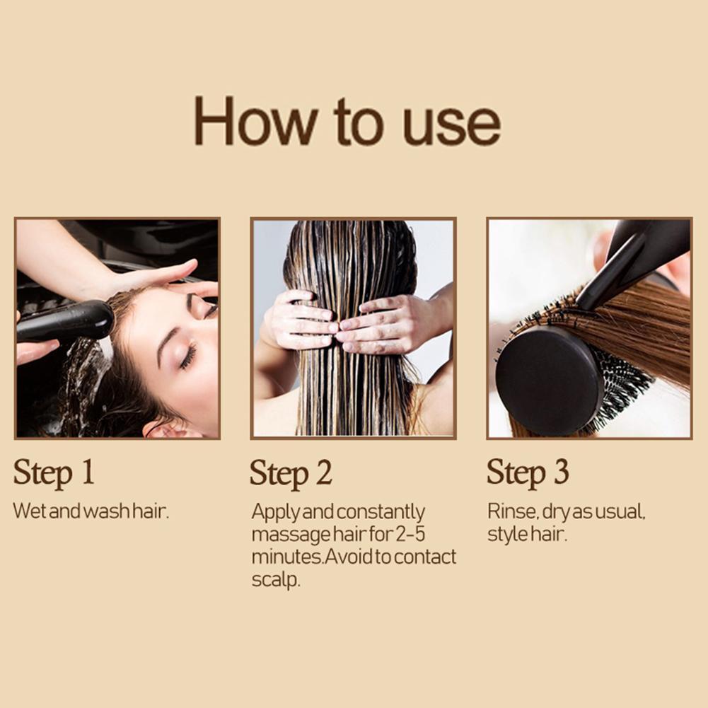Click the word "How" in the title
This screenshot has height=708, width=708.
(x=255, y=120)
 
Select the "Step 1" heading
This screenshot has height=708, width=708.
(x=54, y=472)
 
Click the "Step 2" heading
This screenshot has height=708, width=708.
(x=291, y=473)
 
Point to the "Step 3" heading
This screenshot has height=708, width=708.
(x=528, y=472)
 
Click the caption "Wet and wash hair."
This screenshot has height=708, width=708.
(x=91, y=511)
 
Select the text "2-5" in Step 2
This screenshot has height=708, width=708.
(x=410, y=534)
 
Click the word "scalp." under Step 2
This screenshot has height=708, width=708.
(x=276, y=580)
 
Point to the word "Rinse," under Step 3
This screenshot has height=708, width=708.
(x=513, y=511)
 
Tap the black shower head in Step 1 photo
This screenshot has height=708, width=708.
(x=65, y=320)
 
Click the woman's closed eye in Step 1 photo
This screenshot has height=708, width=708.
(x=188, y=355)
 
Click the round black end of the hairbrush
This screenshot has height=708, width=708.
(x=549, y=381)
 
